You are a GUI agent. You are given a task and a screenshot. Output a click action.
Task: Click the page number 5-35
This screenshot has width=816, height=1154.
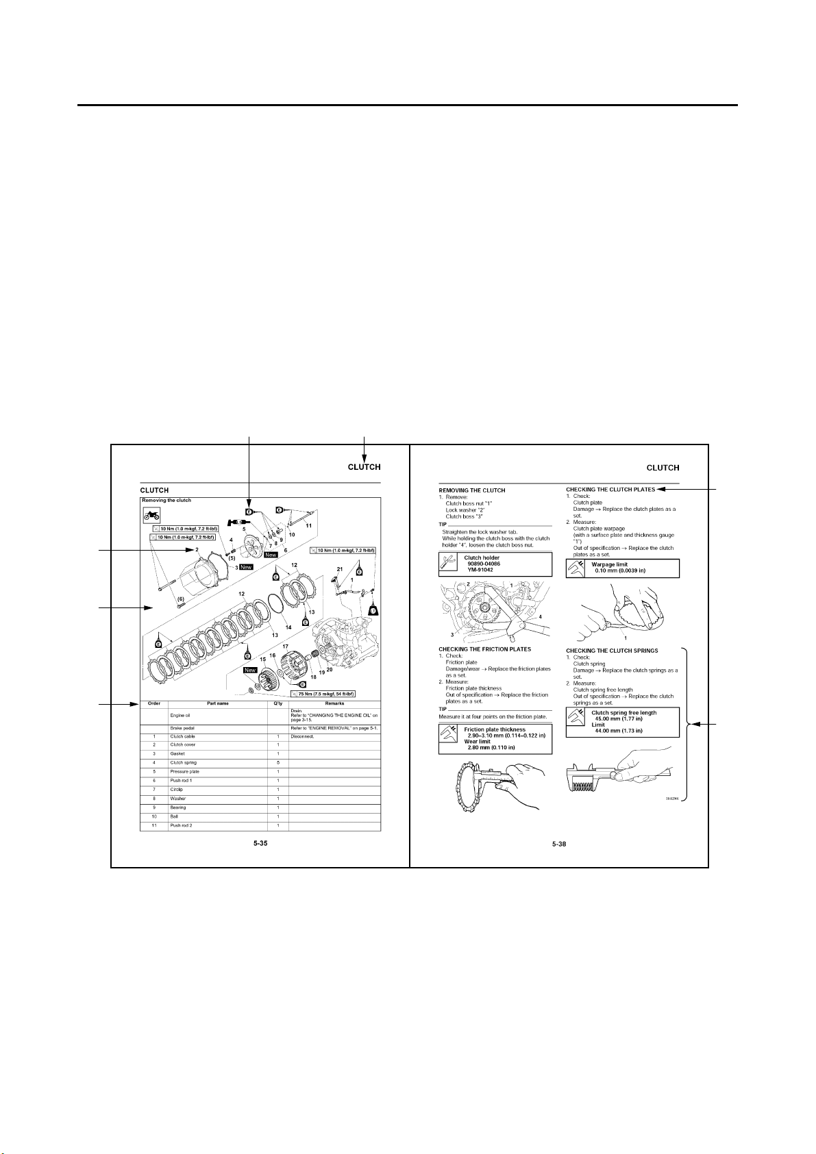tap(260, 844)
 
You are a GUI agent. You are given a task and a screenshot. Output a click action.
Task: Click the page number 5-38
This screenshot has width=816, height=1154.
tap(559, 844)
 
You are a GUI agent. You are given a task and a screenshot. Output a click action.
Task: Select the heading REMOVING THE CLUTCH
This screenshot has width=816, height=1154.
tap(472, 490)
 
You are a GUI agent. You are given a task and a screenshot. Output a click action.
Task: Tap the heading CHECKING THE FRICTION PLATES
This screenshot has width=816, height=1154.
tap(484, 649)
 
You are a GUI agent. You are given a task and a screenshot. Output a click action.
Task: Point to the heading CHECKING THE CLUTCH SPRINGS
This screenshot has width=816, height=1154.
tap(612, 651)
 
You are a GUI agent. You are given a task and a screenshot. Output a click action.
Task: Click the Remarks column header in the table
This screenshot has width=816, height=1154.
tap(334, 703)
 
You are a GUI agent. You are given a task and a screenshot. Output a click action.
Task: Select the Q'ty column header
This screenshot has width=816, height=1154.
tap(277, 703)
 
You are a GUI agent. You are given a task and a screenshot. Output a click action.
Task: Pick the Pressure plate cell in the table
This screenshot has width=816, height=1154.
tap(185, 771)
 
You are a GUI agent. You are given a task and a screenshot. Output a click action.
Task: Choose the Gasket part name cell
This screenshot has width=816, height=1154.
tap(177, 753)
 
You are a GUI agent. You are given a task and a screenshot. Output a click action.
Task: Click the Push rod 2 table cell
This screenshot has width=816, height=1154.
tap(181, 825)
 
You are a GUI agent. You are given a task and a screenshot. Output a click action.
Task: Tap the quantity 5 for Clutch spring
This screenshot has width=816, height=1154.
tap(277, 762)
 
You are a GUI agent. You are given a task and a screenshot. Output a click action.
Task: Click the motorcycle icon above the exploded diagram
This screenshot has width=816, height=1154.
tap(152, 515)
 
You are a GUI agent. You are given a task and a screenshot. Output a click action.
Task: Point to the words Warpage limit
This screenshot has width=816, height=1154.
tap(609, 564)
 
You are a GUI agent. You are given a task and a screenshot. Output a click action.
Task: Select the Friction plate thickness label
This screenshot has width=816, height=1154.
tap(495, 729)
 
